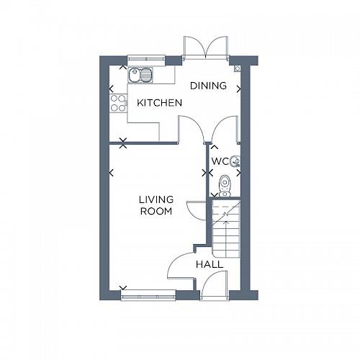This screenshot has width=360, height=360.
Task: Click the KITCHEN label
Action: [159, 103]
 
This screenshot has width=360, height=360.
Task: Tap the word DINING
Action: [208, 86]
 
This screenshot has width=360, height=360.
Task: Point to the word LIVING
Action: [156, 199]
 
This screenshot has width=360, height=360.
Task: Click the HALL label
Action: [209, 264]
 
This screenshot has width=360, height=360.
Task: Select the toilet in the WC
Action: [225, 185]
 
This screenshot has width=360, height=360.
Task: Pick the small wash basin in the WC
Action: [235, 161]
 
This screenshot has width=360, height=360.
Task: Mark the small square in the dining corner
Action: [237, 68]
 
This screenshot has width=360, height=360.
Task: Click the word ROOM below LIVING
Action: [156, 212]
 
